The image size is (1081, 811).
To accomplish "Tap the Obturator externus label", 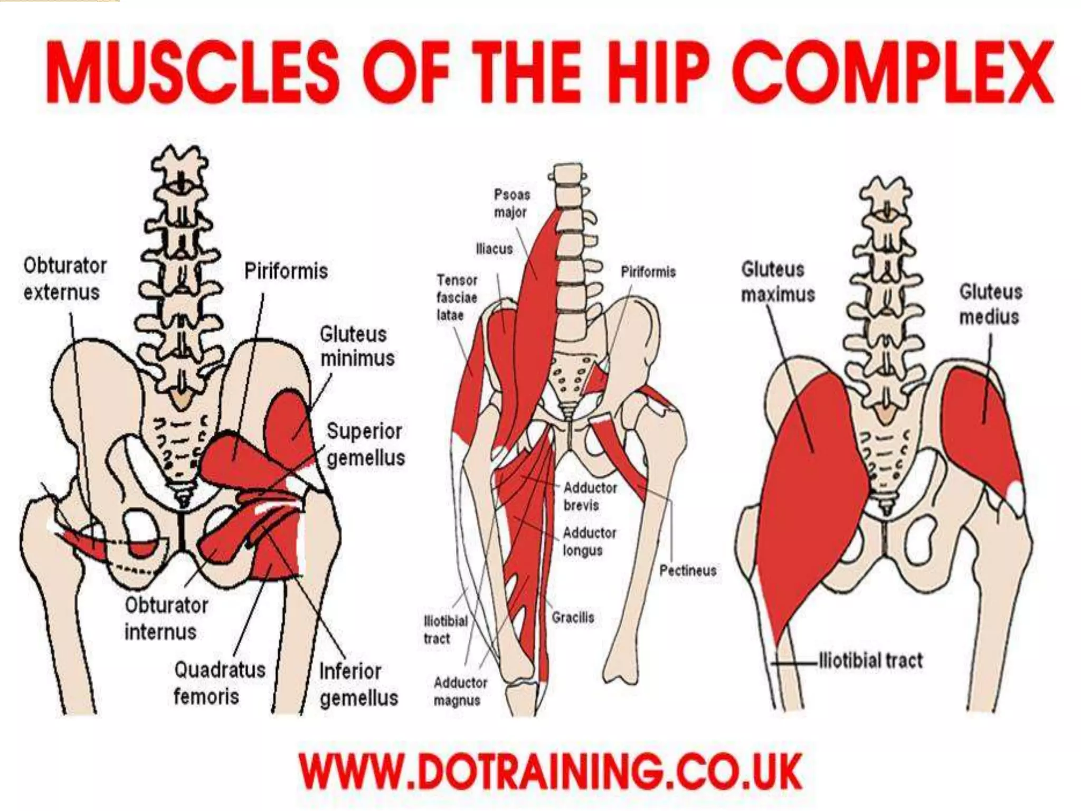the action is (64, 279).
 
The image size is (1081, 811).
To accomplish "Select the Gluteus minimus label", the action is (357, 346).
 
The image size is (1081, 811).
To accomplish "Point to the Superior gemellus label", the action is (365, 445).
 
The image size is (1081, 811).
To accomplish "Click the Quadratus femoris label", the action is (220, 683).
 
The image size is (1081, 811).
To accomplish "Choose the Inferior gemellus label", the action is (358, 684).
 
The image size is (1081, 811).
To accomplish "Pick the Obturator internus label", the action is (166, 618).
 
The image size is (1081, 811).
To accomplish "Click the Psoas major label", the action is (511, 203).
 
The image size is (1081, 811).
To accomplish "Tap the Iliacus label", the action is (494, 248).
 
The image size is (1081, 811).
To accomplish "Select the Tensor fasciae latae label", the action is (457, 297).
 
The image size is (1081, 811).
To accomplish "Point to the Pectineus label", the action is (688, 570).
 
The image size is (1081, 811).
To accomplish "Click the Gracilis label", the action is (573, 617).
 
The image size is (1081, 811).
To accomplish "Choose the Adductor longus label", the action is (589, 542).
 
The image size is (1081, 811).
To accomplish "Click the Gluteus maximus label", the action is (777, 282).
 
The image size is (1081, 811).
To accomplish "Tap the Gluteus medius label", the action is (990, 304).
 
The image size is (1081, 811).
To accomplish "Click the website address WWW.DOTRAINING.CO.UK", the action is (551, 772).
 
